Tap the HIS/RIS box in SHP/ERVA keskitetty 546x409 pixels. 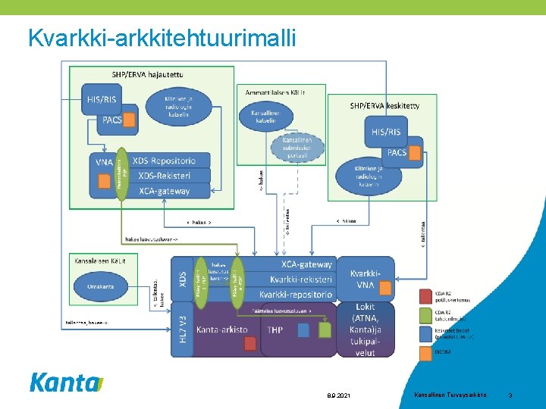tap(386, 132)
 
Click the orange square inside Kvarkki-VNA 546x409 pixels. tap(384, 289)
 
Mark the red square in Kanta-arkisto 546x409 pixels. tap(250, 344)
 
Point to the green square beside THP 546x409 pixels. tap(325, 330)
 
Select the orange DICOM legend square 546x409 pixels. tap(423, 352)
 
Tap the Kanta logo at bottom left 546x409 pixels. tap(65, 382)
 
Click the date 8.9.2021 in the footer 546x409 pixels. tap(338, 396)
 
